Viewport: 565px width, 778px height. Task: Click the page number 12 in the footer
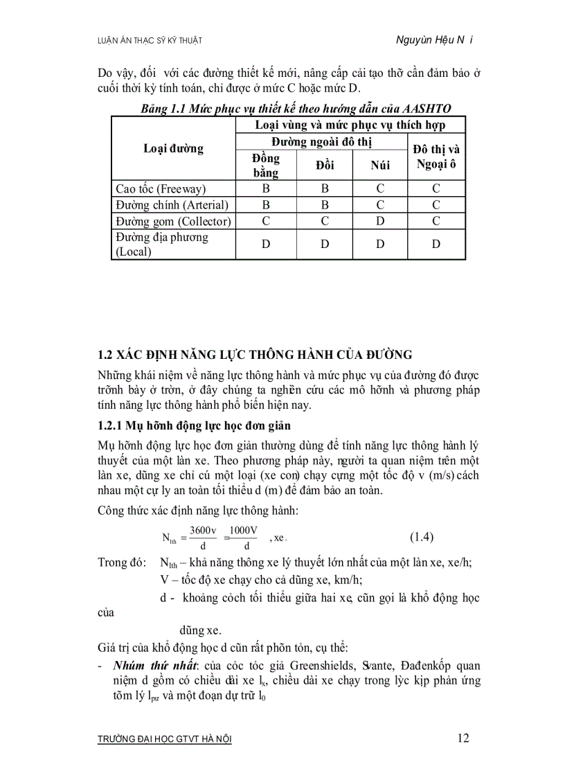pyautogui.click(x=463, y=738)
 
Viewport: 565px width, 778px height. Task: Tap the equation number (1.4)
pyautogui.click(x=421, y=536)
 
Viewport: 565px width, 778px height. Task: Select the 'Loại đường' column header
pyautogui.click(x=173, y=148)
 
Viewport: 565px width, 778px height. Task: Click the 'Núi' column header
pyautogui.click(x=380, y=165)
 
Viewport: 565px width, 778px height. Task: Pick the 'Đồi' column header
pyautogui.click(x=324, y=165)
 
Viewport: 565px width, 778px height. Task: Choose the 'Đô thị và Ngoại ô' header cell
pyautogui.click(x=436, y=157)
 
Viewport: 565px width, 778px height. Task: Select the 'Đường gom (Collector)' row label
pyautogui.click(x=173, y=222)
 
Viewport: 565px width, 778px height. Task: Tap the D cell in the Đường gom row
pyautogui.click(x=380, y=222)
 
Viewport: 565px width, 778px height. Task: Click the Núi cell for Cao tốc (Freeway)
pyautogui.click(x=380, y=188)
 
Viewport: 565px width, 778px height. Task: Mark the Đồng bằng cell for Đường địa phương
pyautogui.click(x=266, y=245)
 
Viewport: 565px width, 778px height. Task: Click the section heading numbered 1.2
pyautogui.click(x=255, y=355)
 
